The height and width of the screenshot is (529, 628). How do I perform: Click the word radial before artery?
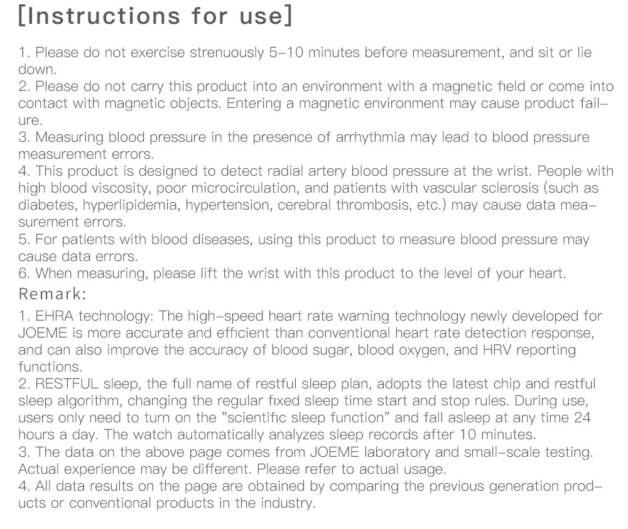[x=283, y=171]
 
